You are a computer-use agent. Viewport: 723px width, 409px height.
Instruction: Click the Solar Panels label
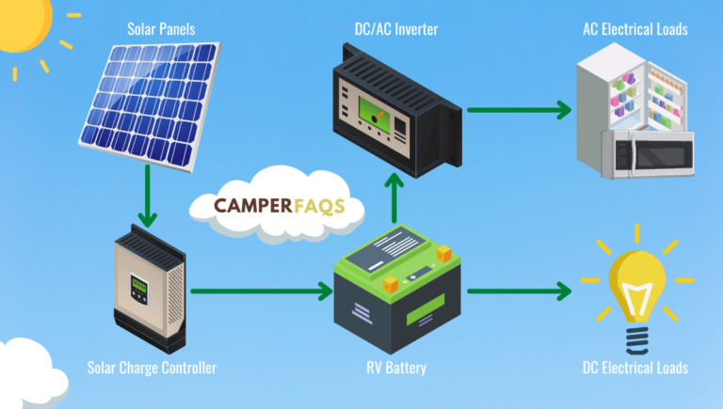161,29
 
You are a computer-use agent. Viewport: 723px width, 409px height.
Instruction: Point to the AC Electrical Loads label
635,29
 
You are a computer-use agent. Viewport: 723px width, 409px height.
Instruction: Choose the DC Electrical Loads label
635,367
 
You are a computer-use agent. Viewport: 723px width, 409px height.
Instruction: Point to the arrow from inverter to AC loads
519,110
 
